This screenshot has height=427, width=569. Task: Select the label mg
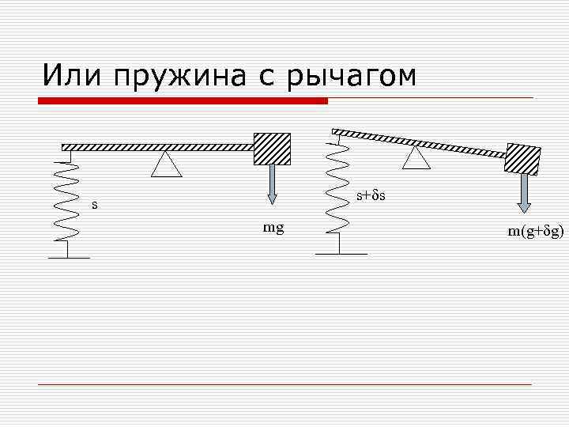[x=273, y=229]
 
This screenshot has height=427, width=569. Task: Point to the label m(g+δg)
[x=536, y=231]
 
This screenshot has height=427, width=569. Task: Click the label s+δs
[x=370, y=194]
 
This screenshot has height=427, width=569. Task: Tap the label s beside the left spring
[x=95, y=205]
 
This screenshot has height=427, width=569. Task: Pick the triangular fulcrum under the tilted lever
[x=416, y=158]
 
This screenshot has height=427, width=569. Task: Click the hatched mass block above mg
[x=271, y=149]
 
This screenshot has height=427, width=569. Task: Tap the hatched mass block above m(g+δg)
[x=523, y=160]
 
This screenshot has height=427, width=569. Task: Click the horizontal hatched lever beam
[x=158, y=147]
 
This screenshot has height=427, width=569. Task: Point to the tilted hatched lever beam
[x=419, y=142]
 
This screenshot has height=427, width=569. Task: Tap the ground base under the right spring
[x=341, y=253]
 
